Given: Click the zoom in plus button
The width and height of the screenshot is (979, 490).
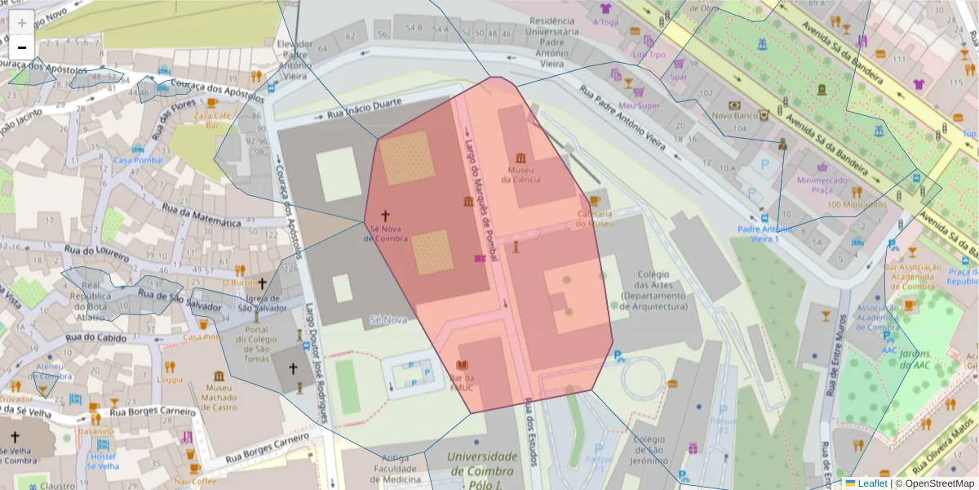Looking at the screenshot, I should pyautogui.click(x=21, y=22).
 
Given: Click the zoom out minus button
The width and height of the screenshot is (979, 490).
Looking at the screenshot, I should pyautogui.click(x=21, y=47).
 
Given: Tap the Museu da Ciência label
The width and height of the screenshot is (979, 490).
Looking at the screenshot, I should pyautogui.click(x=521, y=174).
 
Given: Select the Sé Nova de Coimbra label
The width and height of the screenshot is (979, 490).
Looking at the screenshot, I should pyautogui.click(x=385, y=233).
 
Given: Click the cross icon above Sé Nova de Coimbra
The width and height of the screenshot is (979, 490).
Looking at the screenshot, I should pyautogui.click(x=385, y=215).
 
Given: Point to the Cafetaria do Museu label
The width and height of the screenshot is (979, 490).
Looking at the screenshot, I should pyautogui.click(x=595, y=218).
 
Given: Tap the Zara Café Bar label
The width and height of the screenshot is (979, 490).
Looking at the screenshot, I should pyautogui.click(x=210, y=120).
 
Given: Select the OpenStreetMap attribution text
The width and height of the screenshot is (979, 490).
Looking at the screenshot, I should pyautogui.click(x=938, y=483).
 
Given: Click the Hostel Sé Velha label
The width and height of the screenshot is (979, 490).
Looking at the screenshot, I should pyautogui.click(x=103, y=461).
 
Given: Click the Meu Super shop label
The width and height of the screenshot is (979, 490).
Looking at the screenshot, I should pyautogui.click(x=638, y=105).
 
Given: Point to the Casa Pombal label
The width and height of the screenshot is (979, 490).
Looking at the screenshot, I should pyautogui.click(x=138, y=160).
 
